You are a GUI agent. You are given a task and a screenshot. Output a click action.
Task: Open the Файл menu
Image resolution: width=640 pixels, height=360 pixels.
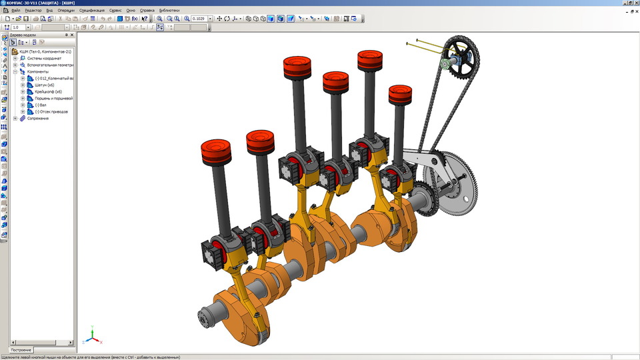pos(15,11)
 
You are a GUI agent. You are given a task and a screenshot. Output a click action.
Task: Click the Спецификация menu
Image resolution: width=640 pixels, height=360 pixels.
pos(91,11)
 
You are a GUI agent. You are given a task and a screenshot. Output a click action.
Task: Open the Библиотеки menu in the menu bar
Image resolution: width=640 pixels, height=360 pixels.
pos(169,11)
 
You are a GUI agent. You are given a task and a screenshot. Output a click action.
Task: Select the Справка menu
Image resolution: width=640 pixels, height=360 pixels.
pos(147,11)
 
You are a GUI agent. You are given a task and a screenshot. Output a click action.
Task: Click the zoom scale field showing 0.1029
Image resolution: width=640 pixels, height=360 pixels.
pos(199,19)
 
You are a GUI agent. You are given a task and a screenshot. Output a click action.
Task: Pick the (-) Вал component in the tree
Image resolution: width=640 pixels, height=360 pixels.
pos(43,105)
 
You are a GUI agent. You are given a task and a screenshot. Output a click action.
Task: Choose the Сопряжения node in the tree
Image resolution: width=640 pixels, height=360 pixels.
pos(39,118)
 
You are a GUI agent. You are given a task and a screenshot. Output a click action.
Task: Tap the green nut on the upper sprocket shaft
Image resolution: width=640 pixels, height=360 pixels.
pos(443,65)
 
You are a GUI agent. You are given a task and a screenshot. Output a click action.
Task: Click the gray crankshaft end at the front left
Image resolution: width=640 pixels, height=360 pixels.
pos(206,317)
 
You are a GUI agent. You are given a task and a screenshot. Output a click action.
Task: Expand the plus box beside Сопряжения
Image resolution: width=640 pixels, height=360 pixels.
pos(15,118)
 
